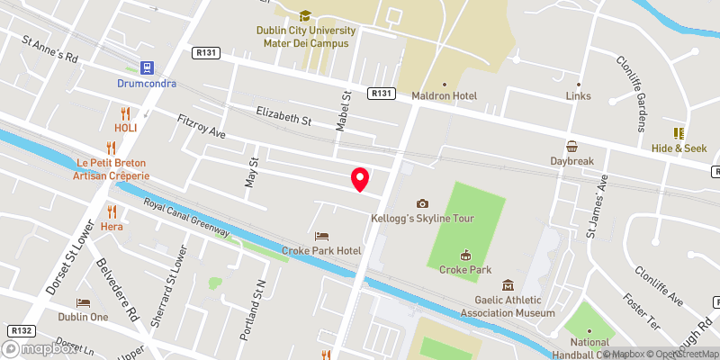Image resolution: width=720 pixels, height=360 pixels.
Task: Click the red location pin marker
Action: [359, 179]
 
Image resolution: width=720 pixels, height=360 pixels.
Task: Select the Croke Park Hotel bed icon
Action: [321, 236]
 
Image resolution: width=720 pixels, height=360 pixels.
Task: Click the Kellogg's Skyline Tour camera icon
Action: [422, 203]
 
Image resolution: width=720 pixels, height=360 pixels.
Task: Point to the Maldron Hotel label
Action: [443, 95]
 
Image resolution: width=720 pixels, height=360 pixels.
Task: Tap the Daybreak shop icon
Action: [572, 147]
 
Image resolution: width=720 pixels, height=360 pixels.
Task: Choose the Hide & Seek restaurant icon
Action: [679, 133]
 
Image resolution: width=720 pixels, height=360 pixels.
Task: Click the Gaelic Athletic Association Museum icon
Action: [508, 285]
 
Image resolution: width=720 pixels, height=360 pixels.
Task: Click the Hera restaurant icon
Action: [112, 211]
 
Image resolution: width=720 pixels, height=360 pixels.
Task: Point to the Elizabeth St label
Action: [283, 116]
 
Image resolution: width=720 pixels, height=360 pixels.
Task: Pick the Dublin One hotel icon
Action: [83, 302]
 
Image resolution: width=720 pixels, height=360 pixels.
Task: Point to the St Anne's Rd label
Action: [51, 50]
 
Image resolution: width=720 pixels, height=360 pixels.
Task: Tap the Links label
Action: [578, 95]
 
